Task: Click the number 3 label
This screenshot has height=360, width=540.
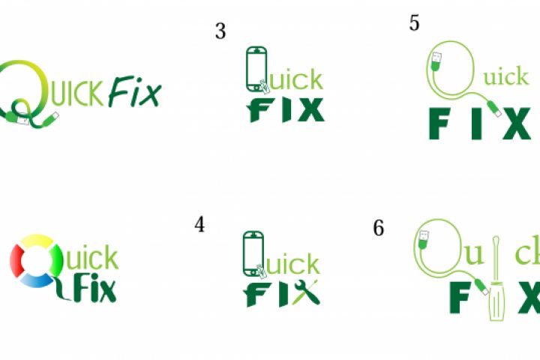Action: [220, 31]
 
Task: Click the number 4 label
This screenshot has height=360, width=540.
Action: [199, 224]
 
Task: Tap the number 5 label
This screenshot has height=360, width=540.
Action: [414, 23]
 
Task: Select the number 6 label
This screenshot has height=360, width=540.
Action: [379, 228]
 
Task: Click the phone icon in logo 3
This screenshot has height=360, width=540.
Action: [256, 69]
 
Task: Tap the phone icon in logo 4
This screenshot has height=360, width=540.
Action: [253, 254]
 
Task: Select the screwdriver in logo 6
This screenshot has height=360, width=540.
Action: [496, 278]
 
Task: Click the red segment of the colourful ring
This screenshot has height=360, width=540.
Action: [16, 261]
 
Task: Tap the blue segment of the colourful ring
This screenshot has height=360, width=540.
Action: [36, 280]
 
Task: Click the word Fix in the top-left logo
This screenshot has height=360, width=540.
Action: [135, 91]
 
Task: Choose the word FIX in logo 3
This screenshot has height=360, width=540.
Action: [286, 110]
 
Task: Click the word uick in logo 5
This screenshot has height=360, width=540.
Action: [505, 76]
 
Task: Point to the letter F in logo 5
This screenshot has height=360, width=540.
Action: [439, 123]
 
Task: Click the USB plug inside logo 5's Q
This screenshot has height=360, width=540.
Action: [436, 61]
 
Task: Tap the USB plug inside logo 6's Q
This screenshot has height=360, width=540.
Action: [423, 239]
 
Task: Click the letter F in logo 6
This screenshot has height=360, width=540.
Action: [460, 297]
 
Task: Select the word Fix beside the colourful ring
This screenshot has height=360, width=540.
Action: [94, 288]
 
